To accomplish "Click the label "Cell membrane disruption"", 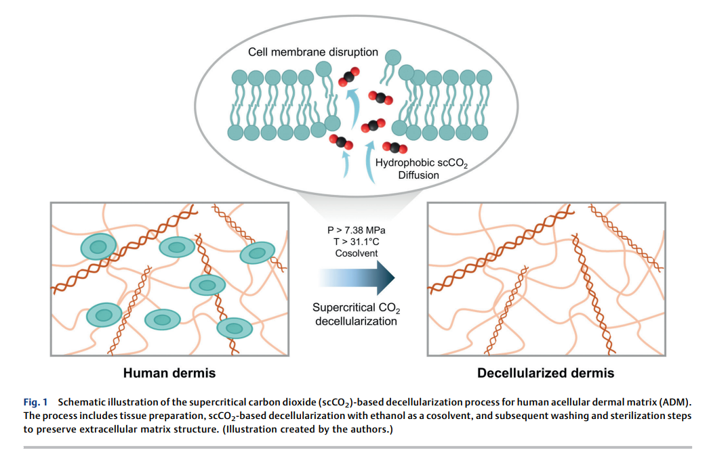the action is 313,52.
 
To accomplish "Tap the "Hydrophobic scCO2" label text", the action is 422,163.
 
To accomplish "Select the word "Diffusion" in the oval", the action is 418,175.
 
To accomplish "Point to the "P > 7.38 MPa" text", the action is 356,230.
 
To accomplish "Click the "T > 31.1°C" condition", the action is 356,242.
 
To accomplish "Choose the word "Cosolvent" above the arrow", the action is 356,253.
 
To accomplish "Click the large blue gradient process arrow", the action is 357,278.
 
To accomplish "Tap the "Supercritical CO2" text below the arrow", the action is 356,308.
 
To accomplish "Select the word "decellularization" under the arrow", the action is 356,321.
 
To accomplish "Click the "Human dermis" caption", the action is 169,373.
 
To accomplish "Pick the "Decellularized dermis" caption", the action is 546,373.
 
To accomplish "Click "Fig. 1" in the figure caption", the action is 35,402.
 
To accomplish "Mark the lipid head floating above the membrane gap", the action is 392,58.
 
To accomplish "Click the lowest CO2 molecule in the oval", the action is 395,148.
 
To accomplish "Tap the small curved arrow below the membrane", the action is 346,164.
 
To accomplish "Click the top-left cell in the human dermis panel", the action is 98,246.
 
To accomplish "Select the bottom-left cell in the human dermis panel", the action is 104,315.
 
